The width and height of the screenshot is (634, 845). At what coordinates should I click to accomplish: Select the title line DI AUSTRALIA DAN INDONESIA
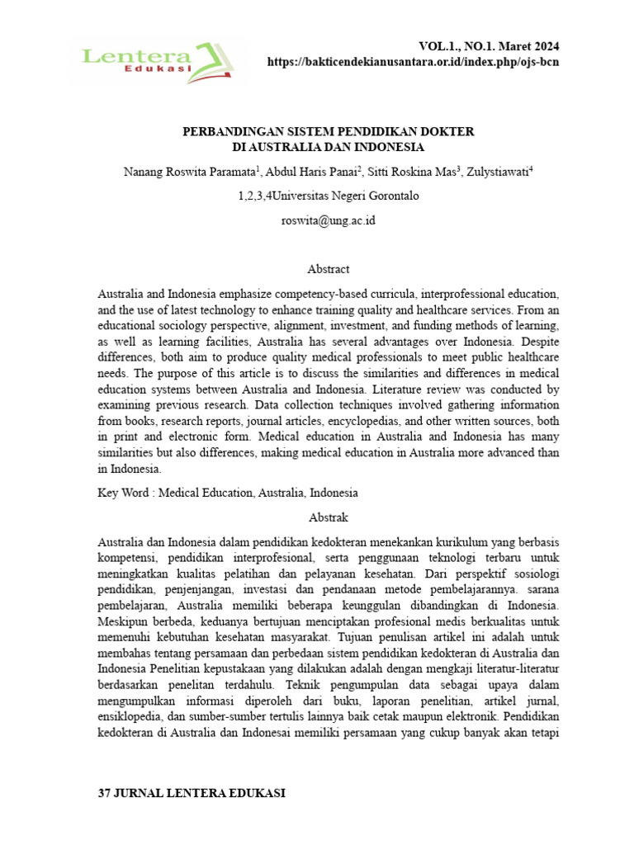coord(328,148)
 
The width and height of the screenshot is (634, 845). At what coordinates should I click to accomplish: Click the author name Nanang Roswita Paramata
coord(189,172)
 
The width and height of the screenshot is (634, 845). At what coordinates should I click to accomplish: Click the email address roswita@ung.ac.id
coord(328,221)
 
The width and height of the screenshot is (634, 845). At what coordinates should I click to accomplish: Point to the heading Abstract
coord(328,269)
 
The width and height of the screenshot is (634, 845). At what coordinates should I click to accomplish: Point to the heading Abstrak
coord(328,517)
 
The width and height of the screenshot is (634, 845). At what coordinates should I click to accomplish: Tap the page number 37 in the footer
coord(104,793)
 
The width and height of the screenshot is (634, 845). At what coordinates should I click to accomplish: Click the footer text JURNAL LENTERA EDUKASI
coord(199,793)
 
